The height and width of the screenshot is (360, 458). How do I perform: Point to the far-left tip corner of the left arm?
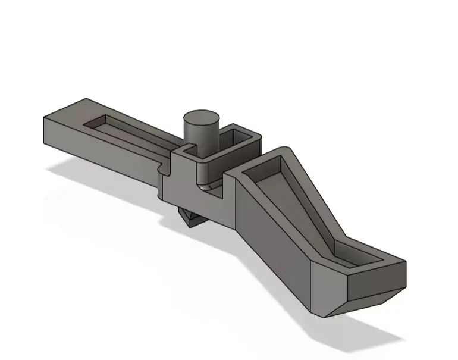pos(45,119)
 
